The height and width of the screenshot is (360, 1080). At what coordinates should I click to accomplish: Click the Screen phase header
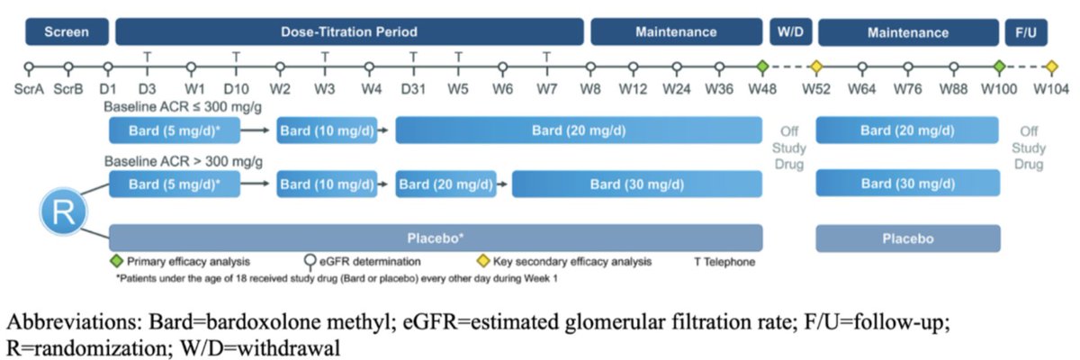(x=67, y=32)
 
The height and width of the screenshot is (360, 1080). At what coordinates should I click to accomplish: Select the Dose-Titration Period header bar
(x=348, y=32)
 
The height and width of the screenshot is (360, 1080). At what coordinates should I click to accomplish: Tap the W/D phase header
(x=789, y=32)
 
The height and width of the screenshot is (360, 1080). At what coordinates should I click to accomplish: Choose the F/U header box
(x=1026, y=32)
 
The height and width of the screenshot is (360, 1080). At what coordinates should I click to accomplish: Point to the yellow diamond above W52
(x=817, y=67)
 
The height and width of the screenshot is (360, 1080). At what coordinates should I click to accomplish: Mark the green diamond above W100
(x=999, y=67)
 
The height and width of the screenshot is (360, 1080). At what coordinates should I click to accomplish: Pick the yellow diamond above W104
(x=1051, y=67)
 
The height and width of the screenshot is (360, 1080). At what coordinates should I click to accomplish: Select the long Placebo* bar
(x=436, y=238)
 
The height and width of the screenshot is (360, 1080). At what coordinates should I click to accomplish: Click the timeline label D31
(x=414, y=89)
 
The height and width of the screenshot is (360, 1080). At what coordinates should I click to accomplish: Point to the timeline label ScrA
(x=30, y=89)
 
